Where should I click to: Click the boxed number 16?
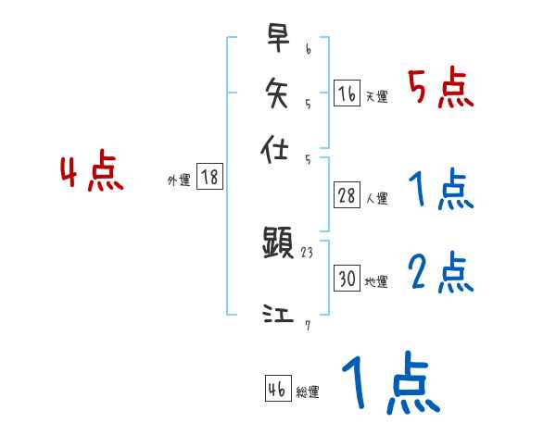click(x=347, y=93)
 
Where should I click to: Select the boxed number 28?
click(x=347, y=194)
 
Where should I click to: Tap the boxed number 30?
click(x=347, y=279)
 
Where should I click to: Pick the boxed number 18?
click(x=209, y=178)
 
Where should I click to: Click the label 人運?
click(x=377, y=198)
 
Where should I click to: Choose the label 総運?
click(x=308, y=392)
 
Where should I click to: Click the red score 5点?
click(x=440, y=90)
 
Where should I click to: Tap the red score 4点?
click(x=92, y=173)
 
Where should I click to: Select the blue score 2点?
click(x=440, y=273)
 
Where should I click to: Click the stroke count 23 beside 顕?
click(x=309, y=251)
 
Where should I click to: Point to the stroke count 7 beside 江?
click(x=307, y=324)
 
